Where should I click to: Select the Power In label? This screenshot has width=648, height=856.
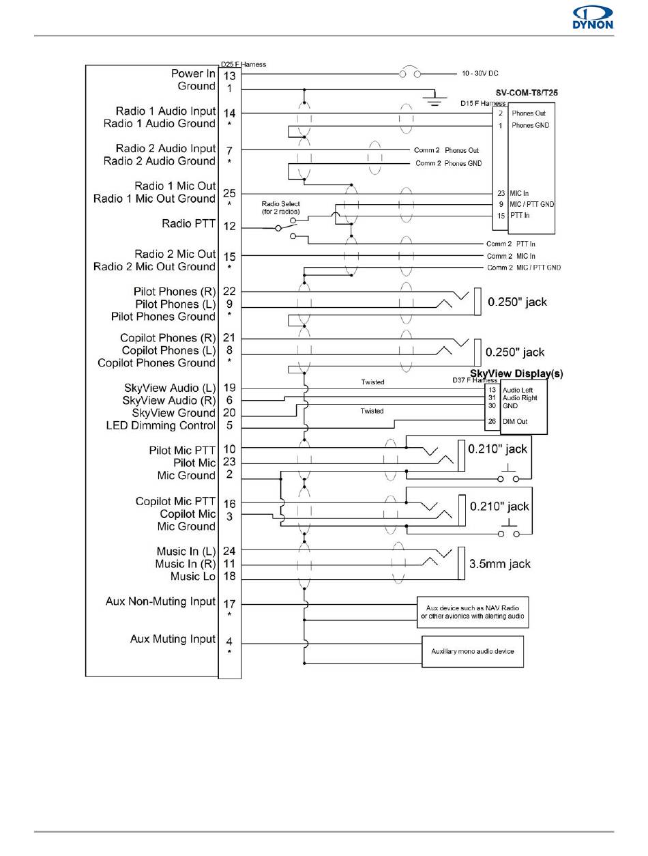click(x=193, y=73)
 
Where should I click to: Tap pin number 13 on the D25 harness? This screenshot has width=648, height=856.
click(x=230, y=75)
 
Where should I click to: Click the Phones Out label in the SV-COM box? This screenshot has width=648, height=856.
click(x=528, y=113)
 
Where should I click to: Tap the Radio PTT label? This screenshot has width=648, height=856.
click(x=188, y=223)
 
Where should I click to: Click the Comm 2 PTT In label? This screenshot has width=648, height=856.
click(x=511, y=244)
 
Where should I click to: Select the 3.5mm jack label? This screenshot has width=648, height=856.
click(x=500, y=565)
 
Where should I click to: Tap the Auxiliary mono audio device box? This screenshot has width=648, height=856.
click(x=472, y=651)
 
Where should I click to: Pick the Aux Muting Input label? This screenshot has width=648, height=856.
click(x=173, y=639)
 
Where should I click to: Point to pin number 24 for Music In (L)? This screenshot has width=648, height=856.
click(x=229, y=550)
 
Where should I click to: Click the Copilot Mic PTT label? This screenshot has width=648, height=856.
click(x=175, y=501)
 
